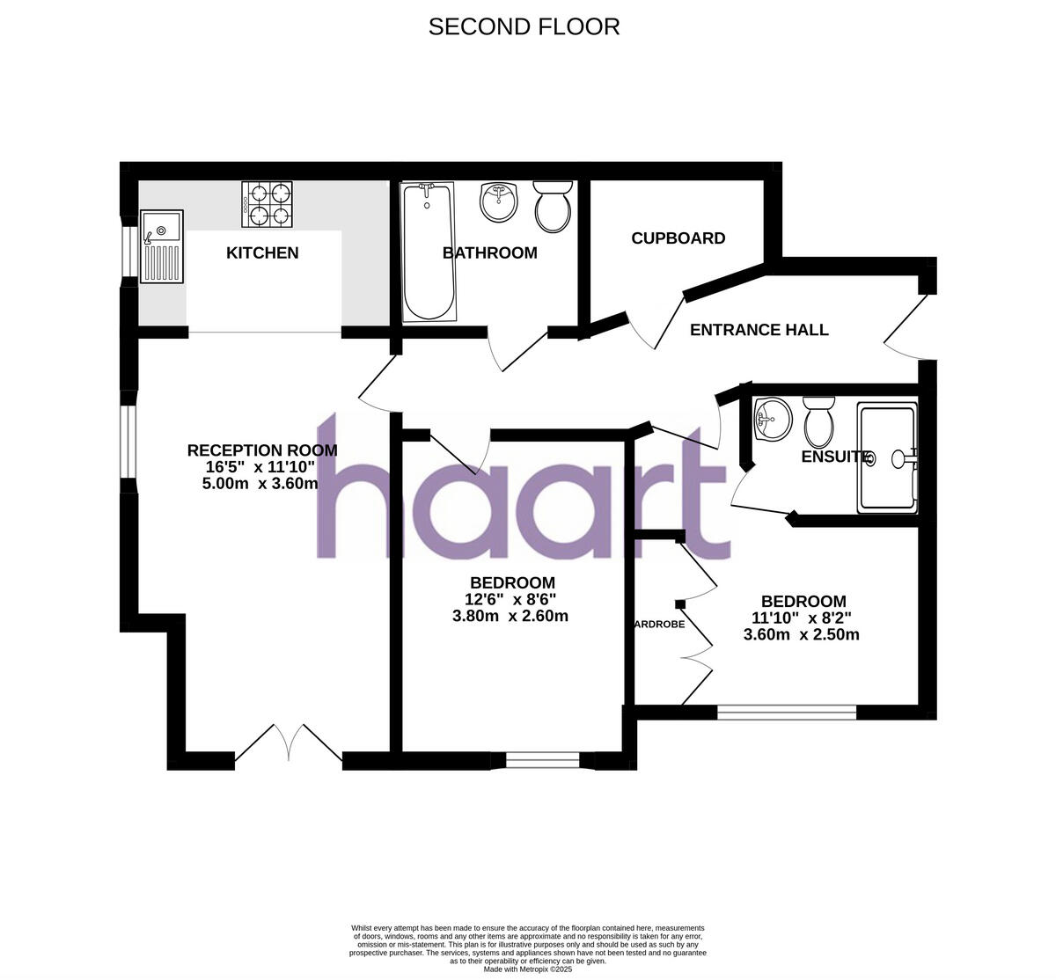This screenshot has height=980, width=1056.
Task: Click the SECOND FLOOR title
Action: (524, 27)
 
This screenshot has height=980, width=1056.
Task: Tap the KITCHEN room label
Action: (262, 253)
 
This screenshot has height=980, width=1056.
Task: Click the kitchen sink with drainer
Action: (162, 246)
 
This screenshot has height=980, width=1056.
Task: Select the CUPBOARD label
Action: (678, 238)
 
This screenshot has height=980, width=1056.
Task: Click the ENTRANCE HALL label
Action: (759, 330)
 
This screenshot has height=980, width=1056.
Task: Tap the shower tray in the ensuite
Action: (887, 457)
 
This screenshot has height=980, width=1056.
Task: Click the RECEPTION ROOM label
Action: (262, 450)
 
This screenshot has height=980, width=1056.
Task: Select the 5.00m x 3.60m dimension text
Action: (262, 483)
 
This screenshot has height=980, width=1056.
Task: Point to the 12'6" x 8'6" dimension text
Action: (512, 599)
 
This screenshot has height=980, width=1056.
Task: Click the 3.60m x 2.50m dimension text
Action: (801, 634)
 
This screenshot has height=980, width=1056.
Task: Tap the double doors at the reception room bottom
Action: (288, 742)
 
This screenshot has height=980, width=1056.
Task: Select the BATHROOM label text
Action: (489, 253)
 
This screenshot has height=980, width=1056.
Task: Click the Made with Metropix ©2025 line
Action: (528, 969)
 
